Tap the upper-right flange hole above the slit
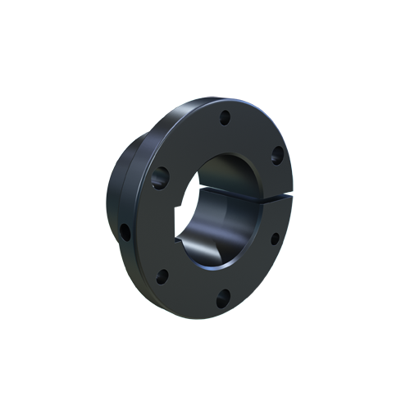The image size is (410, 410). tap(277, 153)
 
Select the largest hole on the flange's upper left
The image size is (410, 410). tap(161, 175)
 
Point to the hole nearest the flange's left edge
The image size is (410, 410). tap(125, 232)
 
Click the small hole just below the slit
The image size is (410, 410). tap(275, 239)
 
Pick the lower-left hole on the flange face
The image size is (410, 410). tap(162, 275)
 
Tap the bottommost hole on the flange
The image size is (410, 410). tap(221, 300)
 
